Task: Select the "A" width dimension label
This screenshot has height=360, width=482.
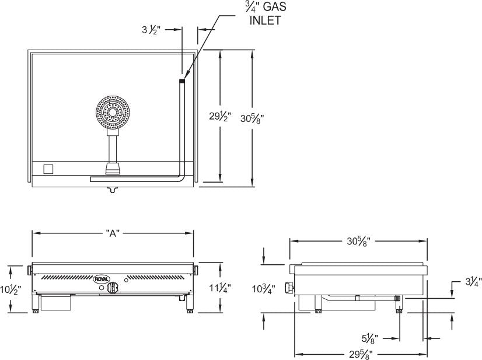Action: click(113, 233)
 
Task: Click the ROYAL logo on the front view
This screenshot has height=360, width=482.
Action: click(102, 279)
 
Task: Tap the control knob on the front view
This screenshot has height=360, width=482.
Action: click(116, 287)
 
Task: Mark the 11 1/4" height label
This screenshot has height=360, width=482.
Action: click(220, 287)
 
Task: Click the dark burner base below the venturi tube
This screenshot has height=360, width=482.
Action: click(112, 169)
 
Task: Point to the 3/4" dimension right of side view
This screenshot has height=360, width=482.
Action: click(473, 284)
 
